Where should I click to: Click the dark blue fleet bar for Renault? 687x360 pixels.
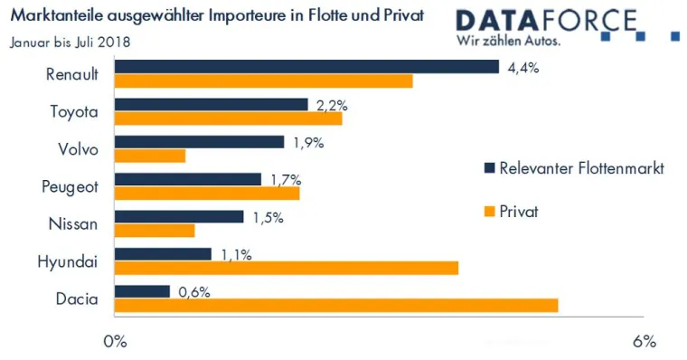tap(306, 67)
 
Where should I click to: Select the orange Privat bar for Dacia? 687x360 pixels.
tap(336, 306)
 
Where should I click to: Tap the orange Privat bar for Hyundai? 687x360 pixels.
tap(287, 268)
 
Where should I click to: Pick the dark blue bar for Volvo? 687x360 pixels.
tap(199, 142)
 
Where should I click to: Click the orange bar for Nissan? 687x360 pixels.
tap(155, 231)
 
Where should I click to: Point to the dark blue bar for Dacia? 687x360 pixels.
tap(142, 291)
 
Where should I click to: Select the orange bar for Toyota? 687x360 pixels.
tap(228, 118)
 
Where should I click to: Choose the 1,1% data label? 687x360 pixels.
tap(235, 254)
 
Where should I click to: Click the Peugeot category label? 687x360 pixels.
tap(70, 186)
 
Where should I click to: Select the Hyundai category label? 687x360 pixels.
tap(68, 261)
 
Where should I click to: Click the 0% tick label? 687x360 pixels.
tap(115, 342)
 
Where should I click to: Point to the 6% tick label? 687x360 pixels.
tap(644, 342)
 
